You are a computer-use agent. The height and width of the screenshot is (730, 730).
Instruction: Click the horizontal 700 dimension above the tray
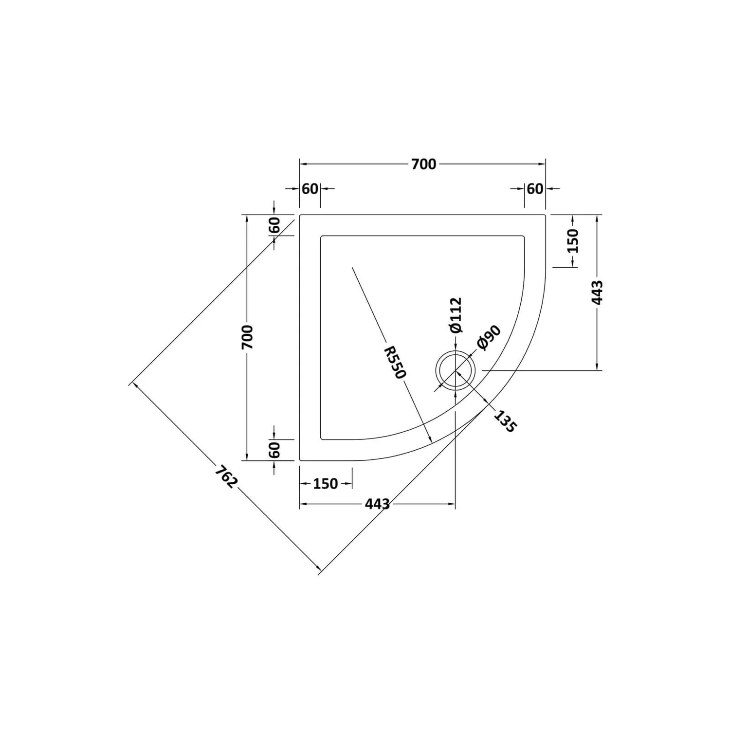pos(423,164)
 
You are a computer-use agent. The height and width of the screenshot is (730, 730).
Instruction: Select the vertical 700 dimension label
pos(247,337)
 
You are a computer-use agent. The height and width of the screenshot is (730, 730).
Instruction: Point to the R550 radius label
pos(394,363)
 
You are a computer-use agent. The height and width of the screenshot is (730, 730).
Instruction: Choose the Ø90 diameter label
pos(489,337)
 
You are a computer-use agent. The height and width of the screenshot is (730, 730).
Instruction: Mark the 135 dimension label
pos(504,421)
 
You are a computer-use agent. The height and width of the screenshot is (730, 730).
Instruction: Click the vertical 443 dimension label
pos(598,292)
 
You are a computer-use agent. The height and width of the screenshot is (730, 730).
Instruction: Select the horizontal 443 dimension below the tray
pos(377,504)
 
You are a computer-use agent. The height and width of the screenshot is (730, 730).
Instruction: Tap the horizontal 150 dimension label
pos(325,484)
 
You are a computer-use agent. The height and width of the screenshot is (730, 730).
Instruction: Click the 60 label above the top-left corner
pos(310,189)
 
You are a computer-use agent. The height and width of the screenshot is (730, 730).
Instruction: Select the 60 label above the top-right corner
pos(535,189)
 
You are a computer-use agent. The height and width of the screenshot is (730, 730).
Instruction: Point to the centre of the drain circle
pos(455,370)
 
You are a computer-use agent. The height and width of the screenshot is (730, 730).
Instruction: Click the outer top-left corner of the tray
pos(300,215)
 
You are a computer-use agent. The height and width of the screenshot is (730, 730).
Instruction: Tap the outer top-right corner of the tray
pos(545,215)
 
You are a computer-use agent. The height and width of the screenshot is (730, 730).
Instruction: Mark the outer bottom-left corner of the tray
pos(300,460)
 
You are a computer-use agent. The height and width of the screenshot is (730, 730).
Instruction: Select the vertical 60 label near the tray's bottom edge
pos(275,450)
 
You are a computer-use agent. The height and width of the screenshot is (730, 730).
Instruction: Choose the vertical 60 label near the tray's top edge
pos(275,225)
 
